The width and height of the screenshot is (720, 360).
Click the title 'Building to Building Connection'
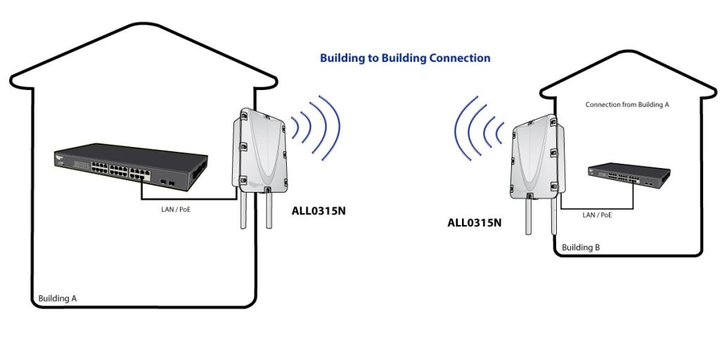405,58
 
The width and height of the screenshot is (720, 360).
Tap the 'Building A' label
58,298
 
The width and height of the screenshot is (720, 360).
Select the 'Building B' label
581,247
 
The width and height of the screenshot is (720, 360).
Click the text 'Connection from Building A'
626,105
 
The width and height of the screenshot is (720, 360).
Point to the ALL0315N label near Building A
319,212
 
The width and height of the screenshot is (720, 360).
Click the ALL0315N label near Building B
475,223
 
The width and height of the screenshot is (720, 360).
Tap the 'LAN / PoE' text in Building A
176,210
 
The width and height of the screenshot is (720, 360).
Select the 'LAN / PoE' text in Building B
597,214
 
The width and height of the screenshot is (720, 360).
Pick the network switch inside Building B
629,175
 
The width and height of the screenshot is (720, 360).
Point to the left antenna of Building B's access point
529,215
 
